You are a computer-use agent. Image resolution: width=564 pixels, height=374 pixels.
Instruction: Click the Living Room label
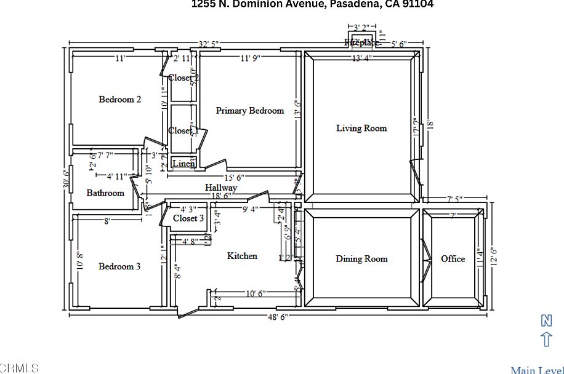[x=361, y=128]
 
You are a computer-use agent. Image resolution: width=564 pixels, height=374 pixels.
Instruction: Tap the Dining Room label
[x=361, y=258]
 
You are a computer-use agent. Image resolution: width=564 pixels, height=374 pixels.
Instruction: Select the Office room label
[x=453, y=258]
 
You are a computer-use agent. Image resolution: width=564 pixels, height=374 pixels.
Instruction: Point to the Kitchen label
[x=242, y=255]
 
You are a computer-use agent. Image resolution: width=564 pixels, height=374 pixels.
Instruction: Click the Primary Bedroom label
[x=249, y=111]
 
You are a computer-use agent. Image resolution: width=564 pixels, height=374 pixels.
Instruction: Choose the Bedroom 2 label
[x=120, y=99]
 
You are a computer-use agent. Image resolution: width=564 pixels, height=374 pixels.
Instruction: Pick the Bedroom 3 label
[x=119, y=266]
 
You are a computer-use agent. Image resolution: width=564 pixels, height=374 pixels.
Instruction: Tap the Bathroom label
[x=105, y=193]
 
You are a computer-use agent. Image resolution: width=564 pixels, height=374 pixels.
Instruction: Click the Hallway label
[x=221, y=187]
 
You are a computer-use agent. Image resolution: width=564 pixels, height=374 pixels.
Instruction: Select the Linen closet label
[x=183, y=163]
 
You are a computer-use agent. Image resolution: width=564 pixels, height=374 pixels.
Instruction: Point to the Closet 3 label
[x=188, y=218]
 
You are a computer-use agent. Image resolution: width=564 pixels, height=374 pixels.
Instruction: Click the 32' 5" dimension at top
[x=209, y=44]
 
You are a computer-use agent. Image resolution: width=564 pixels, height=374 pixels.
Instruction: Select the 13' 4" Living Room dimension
[x=361, y=58]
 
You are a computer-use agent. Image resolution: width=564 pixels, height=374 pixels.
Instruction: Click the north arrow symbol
[x=546, y=339]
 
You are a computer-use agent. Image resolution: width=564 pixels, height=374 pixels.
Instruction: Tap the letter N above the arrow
[x=546, y=320]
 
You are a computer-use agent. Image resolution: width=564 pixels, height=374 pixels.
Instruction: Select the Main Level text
[x=536, y=370]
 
